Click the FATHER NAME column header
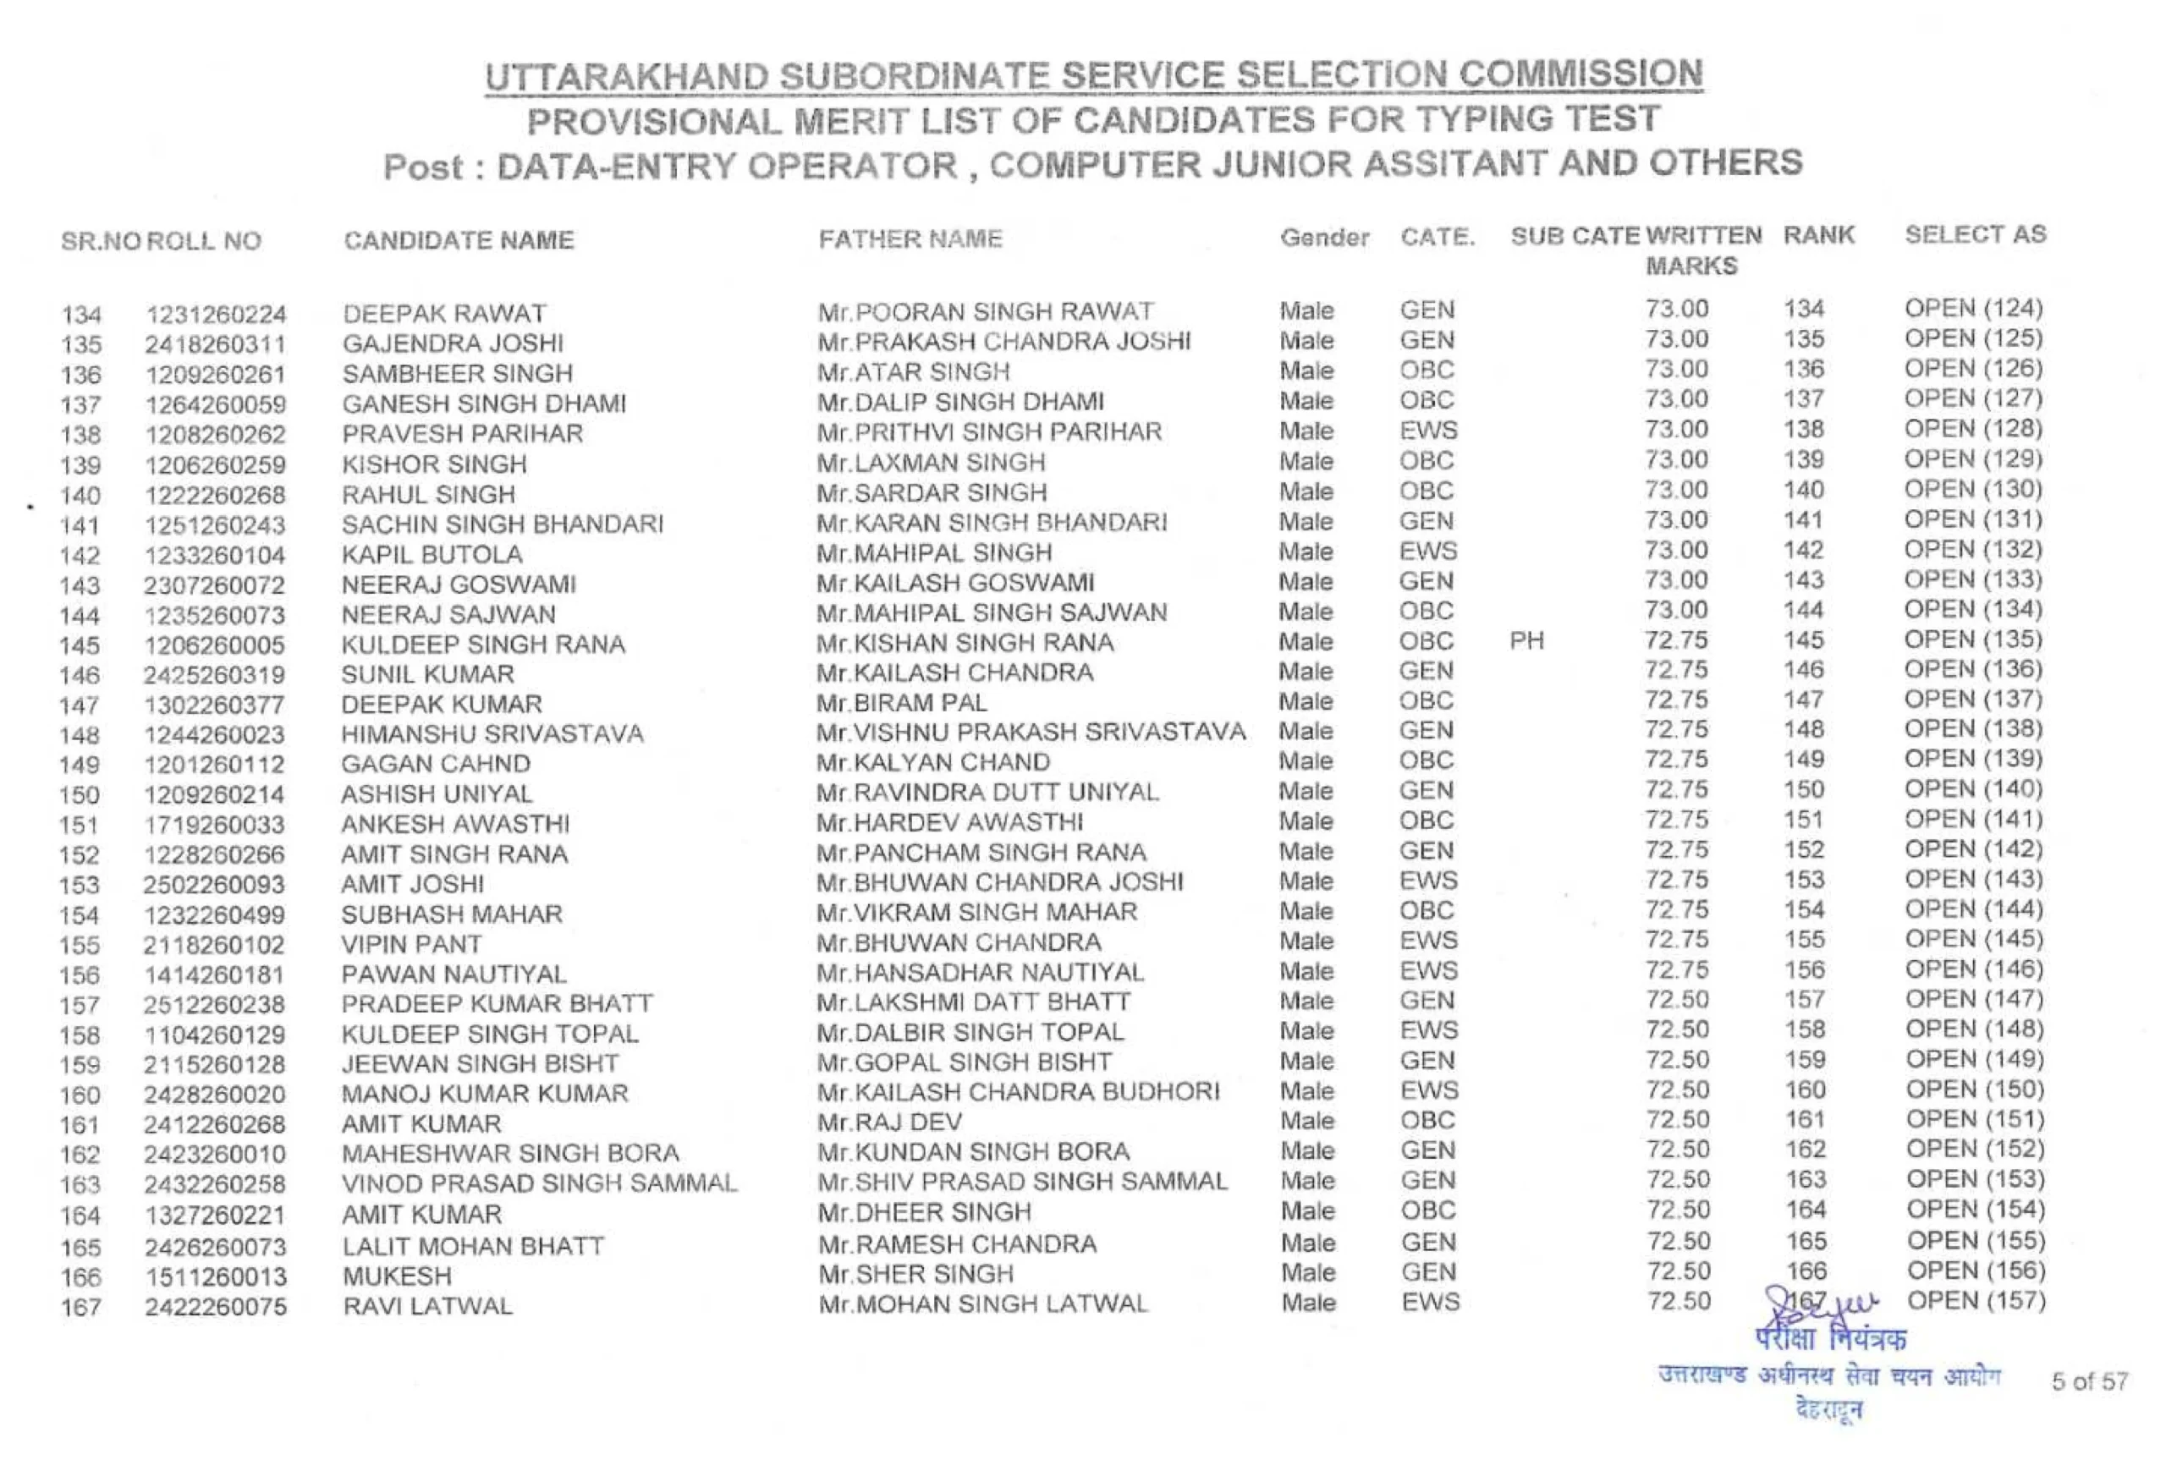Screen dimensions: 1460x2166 (910, 239)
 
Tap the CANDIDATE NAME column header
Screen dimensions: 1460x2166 (458, 240)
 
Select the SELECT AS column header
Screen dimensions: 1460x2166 (1975, 234)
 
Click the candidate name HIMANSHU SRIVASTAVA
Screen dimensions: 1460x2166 (492, 733)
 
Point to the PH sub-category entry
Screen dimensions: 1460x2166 (1526, 640)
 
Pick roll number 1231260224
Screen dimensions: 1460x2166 (215, 315)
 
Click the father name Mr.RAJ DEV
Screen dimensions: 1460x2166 (889, 1122)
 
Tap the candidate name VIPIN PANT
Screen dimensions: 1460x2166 (410, 944)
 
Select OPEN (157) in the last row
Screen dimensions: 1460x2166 (1975, 1300)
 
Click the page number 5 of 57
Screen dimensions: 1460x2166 (2090, 1380)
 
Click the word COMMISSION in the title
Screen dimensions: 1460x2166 (1581, 74)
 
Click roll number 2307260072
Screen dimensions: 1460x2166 (213, 585)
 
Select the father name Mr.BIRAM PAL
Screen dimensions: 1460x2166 (900, 702)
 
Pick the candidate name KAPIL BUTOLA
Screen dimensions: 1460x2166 (432, 555)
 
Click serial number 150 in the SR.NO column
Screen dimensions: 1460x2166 (80, 795)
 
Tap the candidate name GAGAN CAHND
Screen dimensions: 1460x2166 (435, 765)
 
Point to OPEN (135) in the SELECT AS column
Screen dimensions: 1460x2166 (1973, 639)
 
